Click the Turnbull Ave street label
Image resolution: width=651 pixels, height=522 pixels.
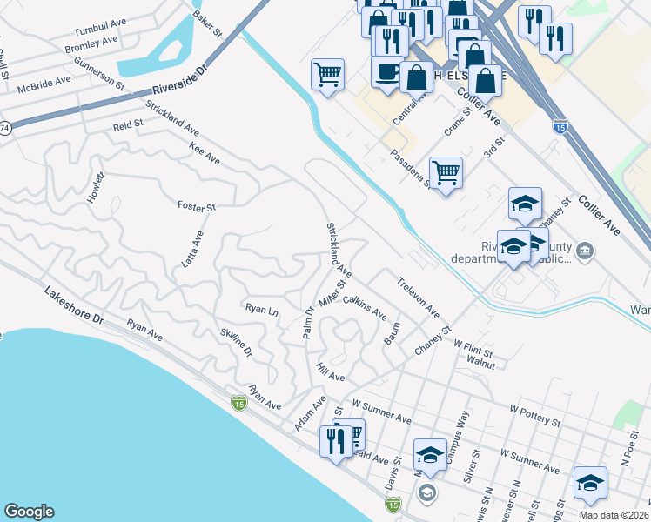(x=101, y=30)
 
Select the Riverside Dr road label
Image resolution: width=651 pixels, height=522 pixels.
(x=179, y=80)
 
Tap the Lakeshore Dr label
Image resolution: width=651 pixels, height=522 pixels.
(x=73, y=308)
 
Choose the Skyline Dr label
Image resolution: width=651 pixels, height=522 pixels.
(x=236, y=341)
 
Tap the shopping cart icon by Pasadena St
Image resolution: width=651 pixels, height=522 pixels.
(x=446, y=173)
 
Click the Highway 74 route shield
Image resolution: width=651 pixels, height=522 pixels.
(x=4, y=127)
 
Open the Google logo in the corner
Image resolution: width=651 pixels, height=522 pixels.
(x=29, y=512)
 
